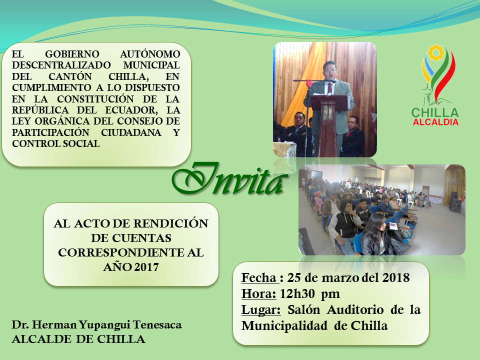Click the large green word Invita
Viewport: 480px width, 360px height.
coord(229,179)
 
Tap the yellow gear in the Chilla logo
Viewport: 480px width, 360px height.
coord(435,52)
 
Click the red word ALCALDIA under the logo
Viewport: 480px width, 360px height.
coord(435,122)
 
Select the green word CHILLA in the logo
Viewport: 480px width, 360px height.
coord(435,112)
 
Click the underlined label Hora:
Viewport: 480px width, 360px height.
coord(258,293)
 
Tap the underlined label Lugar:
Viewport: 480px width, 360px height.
coord(261,309)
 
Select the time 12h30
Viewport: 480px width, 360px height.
coord(297,293)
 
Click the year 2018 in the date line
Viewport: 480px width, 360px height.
coord(396,277)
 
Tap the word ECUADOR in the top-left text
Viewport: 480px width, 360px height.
coord(131,110)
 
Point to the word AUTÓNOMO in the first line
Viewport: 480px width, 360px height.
coord(150,54)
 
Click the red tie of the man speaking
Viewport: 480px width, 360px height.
coord(329,88)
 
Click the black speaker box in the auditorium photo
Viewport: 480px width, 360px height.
coord(454,201)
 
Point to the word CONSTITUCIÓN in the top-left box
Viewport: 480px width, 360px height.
coord(95,99)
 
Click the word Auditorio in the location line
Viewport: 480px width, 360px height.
coord(355,309)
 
